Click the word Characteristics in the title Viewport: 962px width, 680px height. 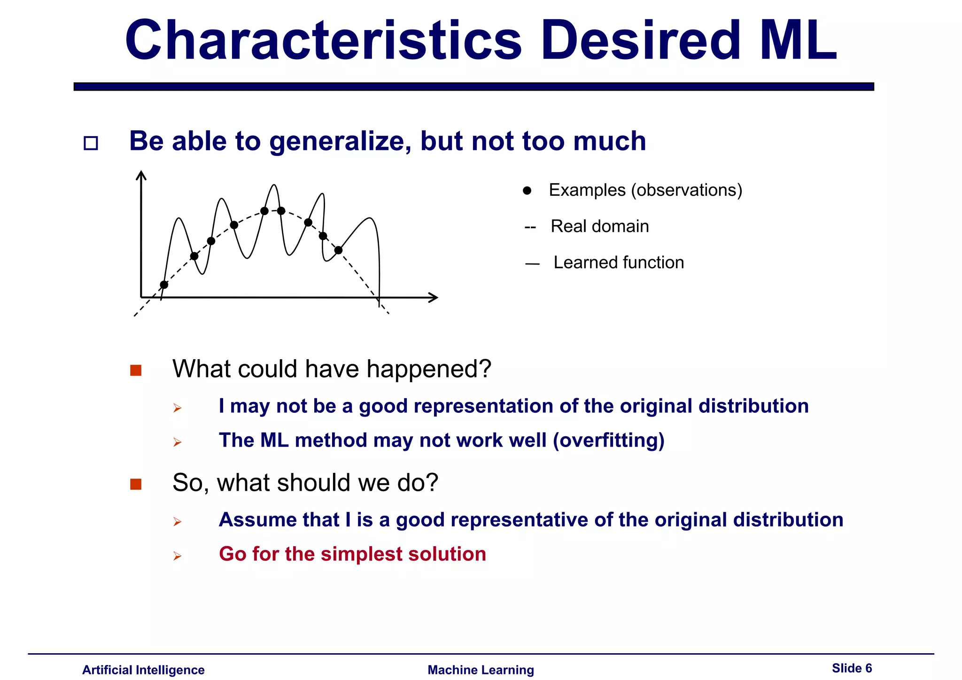coord(323,41)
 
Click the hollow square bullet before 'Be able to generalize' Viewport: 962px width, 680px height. coord(91,143)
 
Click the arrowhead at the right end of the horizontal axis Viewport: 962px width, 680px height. coord(434,297)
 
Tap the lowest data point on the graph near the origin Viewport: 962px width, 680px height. coord(164,285)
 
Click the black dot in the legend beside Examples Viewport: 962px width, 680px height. coord(527,191)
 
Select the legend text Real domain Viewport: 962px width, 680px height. coord(599,226)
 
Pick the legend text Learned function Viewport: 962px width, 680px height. coord(618,263)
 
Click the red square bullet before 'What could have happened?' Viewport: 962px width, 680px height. coord(136,371)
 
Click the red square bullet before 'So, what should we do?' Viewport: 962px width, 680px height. coord(136,484)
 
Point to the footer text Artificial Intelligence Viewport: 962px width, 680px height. coord(143,670)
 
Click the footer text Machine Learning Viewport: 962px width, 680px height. coord(481,670)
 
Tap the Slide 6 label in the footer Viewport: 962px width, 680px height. coord(852,668)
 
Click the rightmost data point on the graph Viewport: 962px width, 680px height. coord(338,250)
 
